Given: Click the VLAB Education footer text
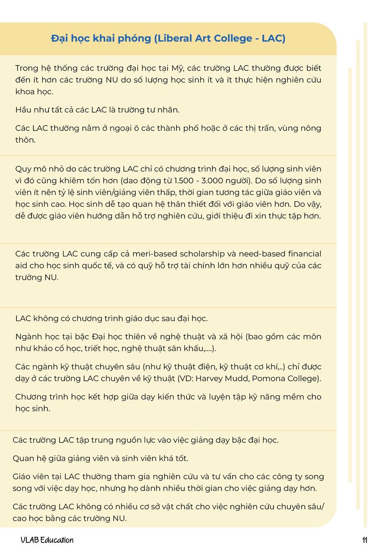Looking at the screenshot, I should pyautogui.click(x=47, y=540).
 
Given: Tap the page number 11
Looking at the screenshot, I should pyautogui.click(x=365, y=540).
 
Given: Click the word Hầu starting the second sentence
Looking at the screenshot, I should pyautogui.click(x=24, y=110).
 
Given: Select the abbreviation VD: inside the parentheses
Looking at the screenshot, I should pyautogui.click(x=204, y=378).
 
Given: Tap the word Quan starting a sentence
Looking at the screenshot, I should pyautogui.click(x=23, y=458).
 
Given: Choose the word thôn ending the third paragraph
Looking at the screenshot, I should pyautogui.click(x=25, y=140).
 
